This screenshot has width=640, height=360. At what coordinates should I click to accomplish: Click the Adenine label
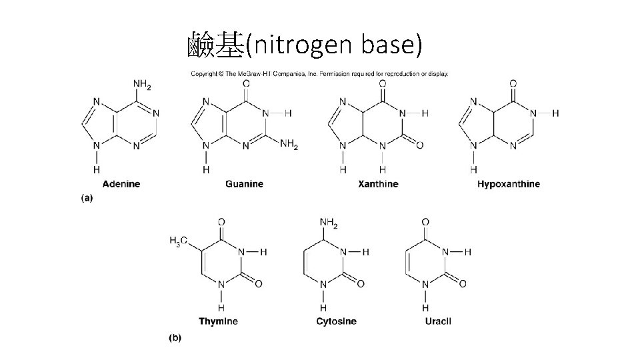tap(121, 184)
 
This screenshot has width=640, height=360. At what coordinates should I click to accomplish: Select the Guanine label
tap(244, 184)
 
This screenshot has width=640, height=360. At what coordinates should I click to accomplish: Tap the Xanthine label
tap(378, 184)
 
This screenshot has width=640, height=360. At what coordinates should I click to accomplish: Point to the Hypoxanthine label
tap(509, 184)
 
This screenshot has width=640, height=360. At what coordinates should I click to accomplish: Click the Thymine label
tap(218, 321)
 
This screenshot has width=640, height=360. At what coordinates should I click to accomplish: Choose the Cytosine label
tap(336, 321)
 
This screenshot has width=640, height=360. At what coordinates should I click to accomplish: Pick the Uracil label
tap(438, 321)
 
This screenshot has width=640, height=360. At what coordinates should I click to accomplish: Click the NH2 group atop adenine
tap(143, 84)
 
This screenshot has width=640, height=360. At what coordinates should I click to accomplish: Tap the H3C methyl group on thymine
tap(179, 241)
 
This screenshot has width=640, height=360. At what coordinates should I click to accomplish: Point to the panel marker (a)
tap(87, 198)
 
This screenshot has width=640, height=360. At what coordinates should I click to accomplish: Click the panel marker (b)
tap(174, 338)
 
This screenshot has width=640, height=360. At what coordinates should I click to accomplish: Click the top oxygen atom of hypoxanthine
tap(513, 84)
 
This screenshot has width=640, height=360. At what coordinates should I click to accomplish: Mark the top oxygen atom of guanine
tap(246, 84)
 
